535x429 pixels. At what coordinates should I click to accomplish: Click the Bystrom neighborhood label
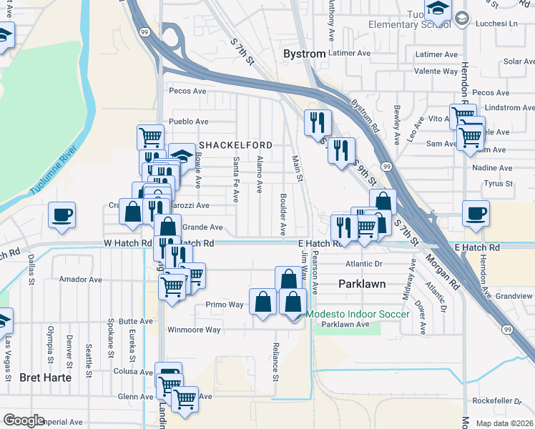pos(304,54)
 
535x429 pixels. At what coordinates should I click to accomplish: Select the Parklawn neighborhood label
pos(361,284)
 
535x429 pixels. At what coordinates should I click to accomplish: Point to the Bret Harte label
pos(45,377)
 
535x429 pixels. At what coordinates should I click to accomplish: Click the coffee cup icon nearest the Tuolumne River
pos(62,214)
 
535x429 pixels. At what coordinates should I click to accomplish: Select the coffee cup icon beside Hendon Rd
pos(476,212)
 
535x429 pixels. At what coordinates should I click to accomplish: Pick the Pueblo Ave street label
pos(187,122)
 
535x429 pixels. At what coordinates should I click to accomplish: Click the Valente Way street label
pos(436,71)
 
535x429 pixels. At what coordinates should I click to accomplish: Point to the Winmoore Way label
pos(194,330)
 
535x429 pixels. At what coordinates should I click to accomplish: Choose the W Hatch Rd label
pos(127,244)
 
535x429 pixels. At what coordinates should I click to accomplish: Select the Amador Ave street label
pos(82,280)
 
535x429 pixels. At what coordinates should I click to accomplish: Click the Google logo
pos(23,420)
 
